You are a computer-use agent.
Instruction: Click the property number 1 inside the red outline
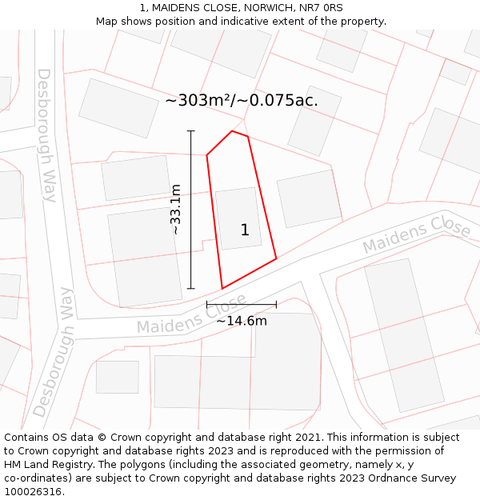click(x=245, y=230)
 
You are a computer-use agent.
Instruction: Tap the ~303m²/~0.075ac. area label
click(x=242, y=101)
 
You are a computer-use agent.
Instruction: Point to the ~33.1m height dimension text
click(x=176, y=209)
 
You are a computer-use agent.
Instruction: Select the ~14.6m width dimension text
click(x=242, y=321)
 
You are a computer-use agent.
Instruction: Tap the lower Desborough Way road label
click(x=54, y=353)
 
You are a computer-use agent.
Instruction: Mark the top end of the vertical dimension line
click(x=190, y=130)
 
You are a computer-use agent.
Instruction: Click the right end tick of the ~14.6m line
click(x=276, y=304)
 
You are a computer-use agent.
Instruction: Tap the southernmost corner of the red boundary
click(x=222, y=288)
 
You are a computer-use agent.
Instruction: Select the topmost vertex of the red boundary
click(x=232, y=131)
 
